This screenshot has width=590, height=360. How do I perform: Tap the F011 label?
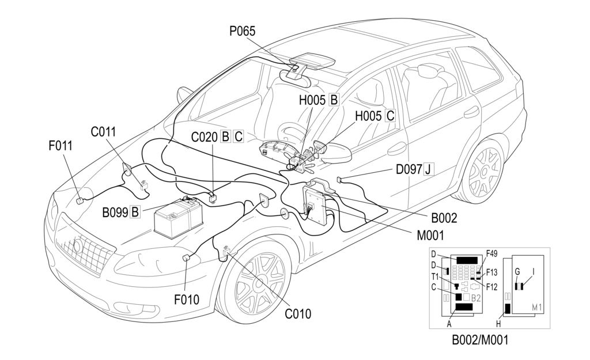click(x=60, y=146)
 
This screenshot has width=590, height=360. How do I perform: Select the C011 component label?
click(x=103, y=132)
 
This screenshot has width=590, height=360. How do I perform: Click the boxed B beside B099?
click(x=135, y=212)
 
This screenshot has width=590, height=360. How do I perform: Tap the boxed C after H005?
click(x=390, y=116)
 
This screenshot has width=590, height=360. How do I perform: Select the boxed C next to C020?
click(x=238, y=137)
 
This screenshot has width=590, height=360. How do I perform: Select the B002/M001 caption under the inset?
click(x=480, y=340)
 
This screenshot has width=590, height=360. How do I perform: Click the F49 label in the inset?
click(x=491, y=253)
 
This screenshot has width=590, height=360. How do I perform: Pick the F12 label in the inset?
click(x=491, y=286)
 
